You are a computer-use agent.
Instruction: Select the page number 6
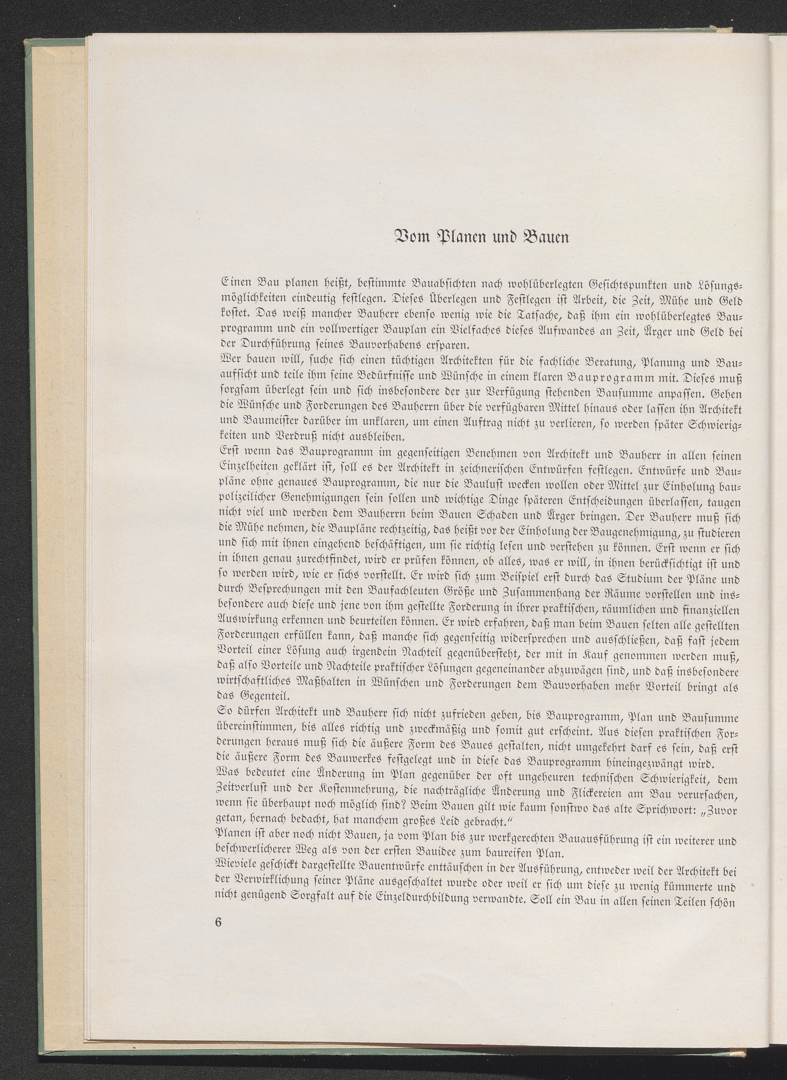[x=219, y=935]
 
